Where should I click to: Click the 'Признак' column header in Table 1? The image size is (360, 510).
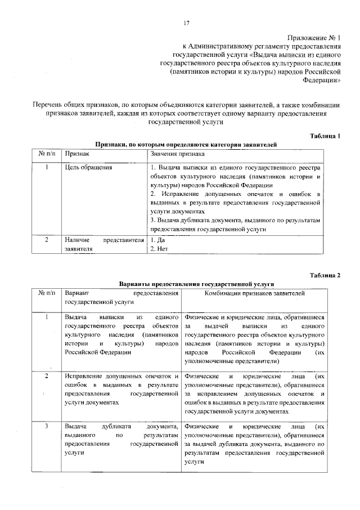pos(76,153)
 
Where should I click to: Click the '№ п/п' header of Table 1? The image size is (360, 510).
pos(47,153)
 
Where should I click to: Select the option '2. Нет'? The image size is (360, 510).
pos(160,248)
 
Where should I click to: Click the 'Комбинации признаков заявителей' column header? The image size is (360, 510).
pos(254,293)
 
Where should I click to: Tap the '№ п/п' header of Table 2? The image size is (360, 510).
pos(47,293)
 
